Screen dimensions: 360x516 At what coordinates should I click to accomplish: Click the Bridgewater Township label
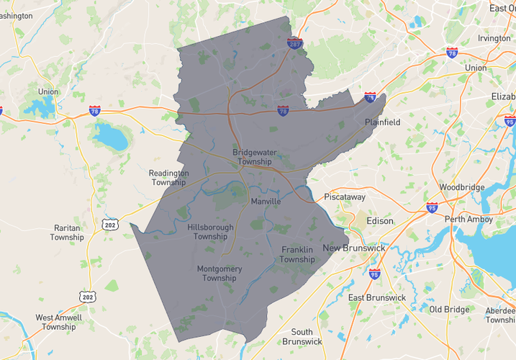tap(251, 157)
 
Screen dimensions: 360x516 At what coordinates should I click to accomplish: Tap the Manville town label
tap(266, 202)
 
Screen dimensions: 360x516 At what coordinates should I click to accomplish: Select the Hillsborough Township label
tap(210, 232)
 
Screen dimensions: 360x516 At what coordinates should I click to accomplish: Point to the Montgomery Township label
tap(219, 274)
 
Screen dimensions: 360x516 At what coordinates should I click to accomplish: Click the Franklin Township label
tap(297, 254)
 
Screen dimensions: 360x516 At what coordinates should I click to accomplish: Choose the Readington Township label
tap(169, 178)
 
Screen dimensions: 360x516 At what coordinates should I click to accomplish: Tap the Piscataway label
tap(345, 197)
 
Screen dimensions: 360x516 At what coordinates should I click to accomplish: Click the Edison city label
tap(380, 221)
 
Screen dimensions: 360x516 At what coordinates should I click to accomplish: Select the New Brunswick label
tap(353, 248)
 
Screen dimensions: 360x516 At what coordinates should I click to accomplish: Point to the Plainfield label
tap(382, 122)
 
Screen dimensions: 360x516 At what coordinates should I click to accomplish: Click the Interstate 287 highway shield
tap(294, 44)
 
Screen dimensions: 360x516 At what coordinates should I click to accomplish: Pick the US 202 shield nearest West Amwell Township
tap(87, 296)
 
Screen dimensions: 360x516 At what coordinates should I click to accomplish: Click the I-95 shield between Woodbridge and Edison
tap(431, 208)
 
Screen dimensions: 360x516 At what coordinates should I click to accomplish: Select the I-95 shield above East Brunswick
tap(374, 274)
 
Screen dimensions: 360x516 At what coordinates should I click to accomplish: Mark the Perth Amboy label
tap(469, 219)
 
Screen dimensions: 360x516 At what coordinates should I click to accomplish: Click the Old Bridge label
tap(450, 310)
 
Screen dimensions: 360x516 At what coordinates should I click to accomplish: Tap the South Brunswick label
tap(302, 336)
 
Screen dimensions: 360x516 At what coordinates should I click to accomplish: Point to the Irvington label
tap(494, 38)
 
